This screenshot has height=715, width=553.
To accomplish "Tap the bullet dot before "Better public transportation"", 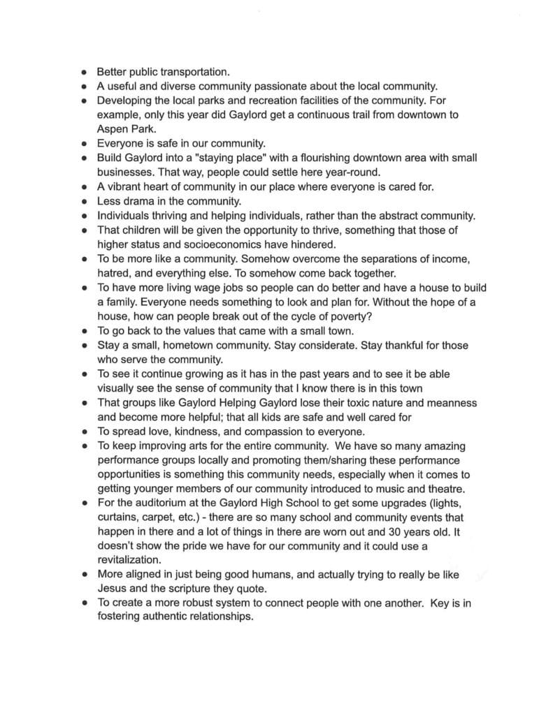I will coord(84,72).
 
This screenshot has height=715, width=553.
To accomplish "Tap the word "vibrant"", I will coord(124,187).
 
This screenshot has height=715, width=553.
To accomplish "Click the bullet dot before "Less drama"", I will coord(84,201).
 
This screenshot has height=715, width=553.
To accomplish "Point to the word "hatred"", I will coord(115,273).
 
